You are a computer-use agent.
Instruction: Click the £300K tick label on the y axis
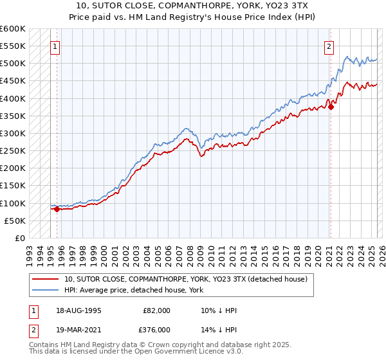13,133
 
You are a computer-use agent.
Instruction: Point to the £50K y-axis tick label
15,221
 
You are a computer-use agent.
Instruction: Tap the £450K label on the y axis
13,81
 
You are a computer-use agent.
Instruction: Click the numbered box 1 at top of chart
55,46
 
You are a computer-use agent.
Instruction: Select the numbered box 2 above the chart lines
329,46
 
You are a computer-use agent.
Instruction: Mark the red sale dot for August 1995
57,209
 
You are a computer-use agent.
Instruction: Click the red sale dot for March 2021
331,107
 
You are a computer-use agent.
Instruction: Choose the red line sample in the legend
46,279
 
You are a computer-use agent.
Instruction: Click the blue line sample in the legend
46,290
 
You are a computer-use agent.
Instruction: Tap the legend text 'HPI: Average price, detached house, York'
134,290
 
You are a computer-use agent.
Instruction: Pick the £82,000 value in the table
157,310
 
